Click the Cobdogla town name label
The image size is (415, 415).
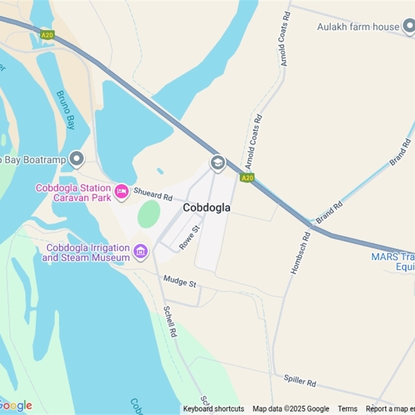[x=206, y=208]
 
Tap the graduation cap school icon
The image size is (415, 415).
[x=218, y=163]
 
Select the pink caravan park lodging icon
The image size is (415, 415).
[x=121, y=191]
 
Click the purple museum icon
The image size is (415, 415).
[x=140, y=252]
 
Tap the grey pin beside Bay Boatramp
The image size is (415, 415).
[x=77, y=159]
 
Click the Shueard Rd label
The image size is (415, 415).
[x=153, y=194]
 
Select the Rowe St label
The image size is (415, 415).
[x=189, y=238]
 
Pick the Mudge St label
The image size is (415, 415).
[x=179, y=282]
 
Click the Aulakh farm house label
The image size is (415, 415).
[x=358, y=26]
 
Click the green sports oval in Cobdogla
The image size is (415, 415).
[x=149, y=214]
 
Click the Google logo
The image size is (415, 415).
[x=16, y=405]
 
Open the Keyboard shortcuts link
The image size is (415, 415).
[x=213, y=409]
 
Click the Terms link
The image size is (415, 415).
[x=348, y=409]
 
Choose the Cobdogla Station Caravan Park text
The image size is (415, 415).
[x=73, y=192]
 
